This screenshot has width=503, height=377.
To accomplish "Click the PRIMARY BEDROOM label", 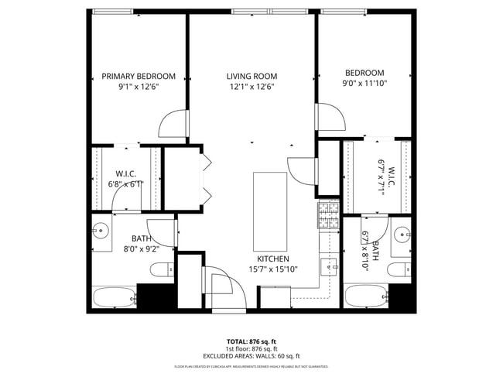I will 139,76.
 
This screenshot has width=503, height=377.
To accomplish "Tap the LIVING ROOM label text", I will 251,76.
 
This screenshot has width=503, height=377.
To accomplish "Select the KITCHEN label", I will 272,259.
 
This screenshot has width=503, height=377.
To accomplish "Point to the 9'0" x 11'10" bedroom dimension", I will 364,84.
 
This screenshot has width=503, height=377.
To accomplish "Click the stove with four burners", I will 327,215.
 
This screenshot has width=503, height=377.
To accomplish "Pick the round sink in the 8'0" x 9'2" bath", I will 100,230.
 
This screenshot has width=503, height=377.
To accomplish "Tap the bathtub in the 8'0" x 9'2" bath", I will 114,296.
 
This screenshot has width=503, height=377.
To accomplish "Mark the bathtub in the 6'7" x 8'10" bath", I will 365,296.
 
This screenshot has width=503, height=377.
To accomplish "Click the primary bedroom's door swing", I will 174,124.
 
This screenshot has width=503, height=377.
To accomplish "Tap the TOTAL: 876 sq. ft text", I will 251,341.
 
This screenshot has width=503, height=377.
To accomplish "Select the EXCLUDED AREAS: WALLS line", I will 251,356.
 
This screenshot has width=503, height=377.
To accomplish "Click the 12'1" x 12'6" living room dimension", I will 251,87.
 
